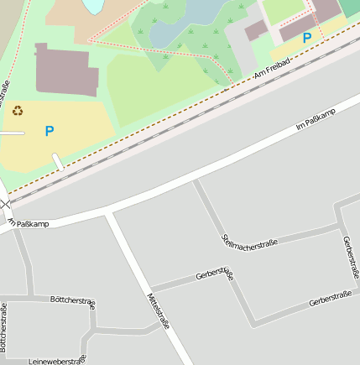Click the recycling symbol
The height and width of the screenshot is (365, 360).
[18, 111]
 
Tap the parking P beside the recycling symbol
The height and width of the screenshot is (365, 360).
[50, 131]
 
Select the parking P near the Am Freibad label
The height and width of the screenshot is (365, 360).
[307, 38]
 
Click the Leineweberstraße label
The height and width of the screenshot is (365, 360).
[57, 360]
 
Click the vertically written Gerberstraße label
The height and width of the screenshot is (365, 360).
[351, 256]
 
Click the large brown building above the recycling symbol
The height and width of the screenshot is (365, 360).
[68, 70]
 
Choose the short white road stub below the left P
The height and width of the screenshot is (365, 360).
[58, 161]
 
